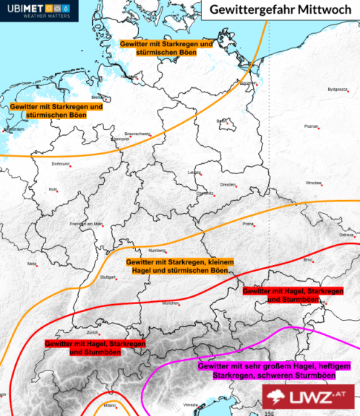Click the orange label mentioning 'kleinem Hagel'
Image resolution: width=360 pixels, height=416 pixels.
[181, 265]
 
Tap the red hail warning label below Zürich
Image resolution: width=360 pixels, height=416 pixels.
[95, 348]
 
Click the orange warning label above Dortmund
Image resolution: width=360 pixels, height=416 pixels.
[56, 110]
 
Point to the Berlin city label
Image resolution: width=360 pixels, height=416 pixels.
[222, 121]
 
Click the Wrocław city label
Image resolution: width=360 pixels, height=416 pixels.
[313, 183]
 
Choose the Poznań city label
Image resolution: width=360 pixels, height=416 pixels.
[311, 126]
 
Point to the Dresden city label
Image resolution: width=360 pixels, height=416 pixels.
[227, 184]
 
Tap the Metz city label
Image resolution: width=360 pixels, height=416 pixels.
[32, 264]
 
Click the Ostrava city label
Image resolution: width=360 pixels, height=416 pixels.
[348, 235]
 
